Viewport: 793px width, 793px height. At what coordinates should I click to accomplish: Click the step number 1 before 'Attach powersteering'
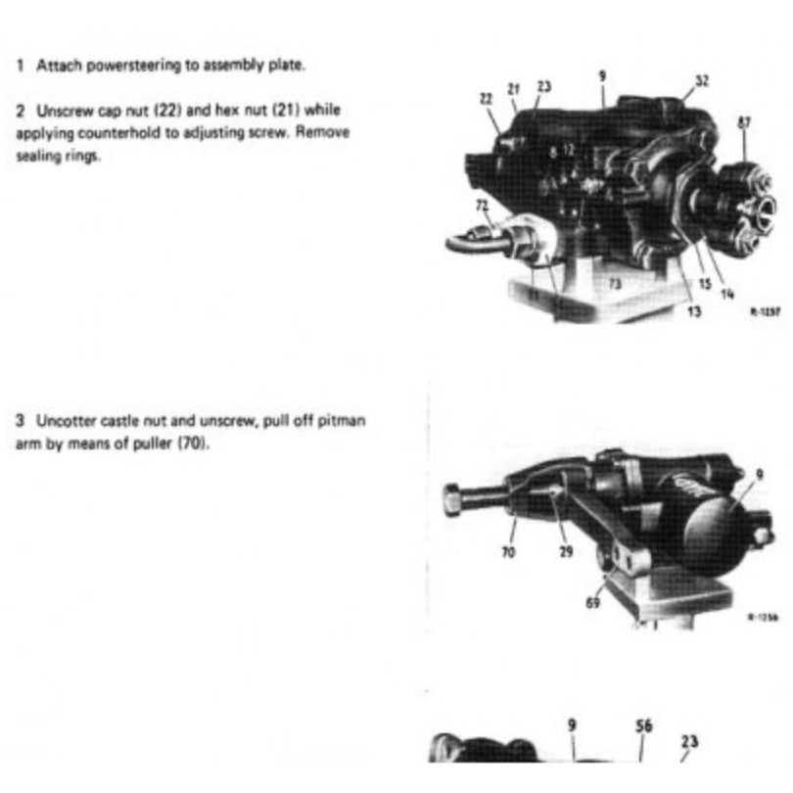pyautogui.click(x=20, y=67)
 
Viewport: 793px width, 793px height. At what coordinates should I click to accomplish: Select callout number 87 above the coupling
pyautogui.click(x=745, y=122)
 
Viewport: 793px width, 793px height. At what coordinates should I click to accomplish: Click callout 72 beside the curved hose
pyautogui.click(x=483, y=205)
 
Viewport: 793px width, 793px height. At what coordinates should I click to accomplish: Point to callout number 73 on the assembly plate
pyautogui.click(x=615, y=283)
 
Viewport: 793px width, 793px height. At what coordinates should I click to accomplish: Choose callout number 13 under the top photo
pyautogui.click(x=693, y=312)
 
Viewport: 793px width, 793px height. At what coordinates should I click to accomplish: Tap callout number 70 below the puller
pyautogui.click(x=509, y=553)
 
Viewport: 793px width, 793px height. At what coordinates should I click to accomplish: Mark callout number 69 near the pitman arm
pyautogui.click(x=593, y=603)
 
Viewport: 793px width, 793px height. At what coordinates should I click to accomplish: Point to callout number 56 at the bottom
pyautogui.click(x=643, y=726)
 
